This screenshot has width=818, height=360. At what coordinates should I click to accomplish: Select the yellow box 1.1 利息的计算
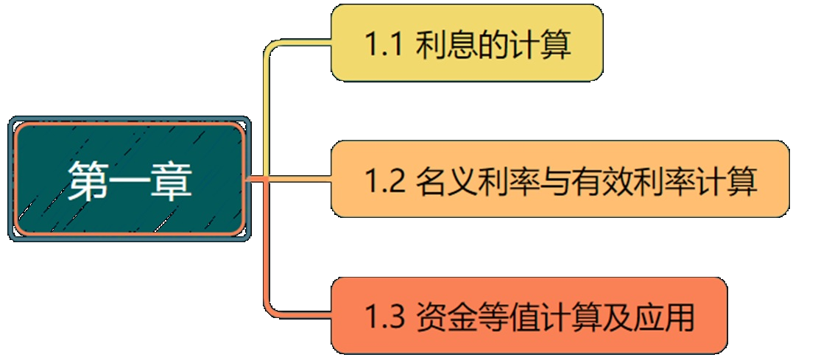(467, 43)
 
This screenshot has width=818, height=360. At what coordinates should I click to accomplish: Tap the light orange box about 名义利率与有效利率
(560, 179)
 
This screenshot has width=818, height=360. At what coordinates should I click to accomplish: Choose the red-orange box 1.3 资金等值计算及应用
(529, 316)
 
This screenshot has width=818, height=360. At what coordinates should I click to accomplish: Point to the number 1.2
(384, 181)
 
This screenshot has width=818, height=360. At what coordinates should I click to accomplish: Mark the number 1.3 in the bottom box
(384, 318)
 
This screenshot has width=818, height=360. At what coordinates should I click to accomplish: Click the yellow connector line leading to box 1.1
(267, 103)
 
